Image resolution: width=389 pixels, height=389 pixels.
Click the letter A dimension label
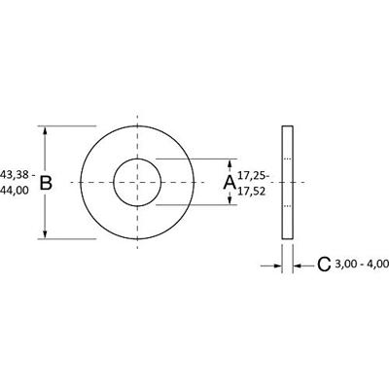click(x=230, y=182)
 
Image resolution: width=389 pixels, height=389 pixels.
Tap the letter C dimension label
click(x=322, y=264)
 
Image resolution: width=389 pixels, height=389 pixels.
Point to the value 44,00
click(x=18, y=191)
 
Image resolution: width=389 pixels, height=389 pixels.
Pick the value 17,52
click(x=254, y=191)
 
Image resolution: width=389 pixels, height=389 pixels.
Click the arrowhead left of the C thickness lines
click(x=275, y=264)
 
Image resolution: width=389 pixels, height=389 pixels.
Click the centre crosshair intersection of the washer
click(x=137, y=182)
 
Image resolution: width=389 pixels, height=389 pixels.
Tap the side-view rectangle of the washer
click(x=287, y=182)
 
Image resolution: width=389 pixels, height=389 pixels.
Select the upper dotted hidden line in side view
click(x=287, y=159)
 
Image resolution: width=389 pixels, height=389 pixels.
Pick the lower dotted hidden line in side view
click(x=287, y=206)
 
